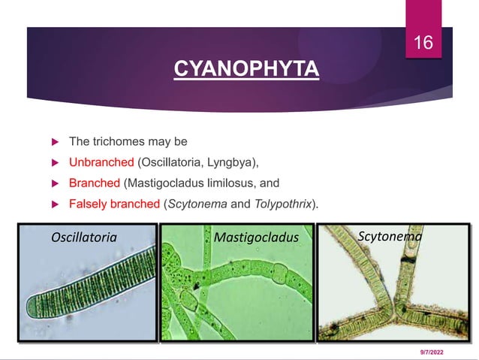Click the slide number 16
coord(424,43)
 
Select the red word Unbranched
coord(101,162)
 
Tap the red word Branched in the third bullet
coord(95,183)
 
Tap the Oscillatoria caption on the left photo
coord(83,237)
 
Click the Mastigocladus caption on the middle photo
coord(256,238)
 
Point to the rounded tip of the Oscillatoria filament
coord(32,307)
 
